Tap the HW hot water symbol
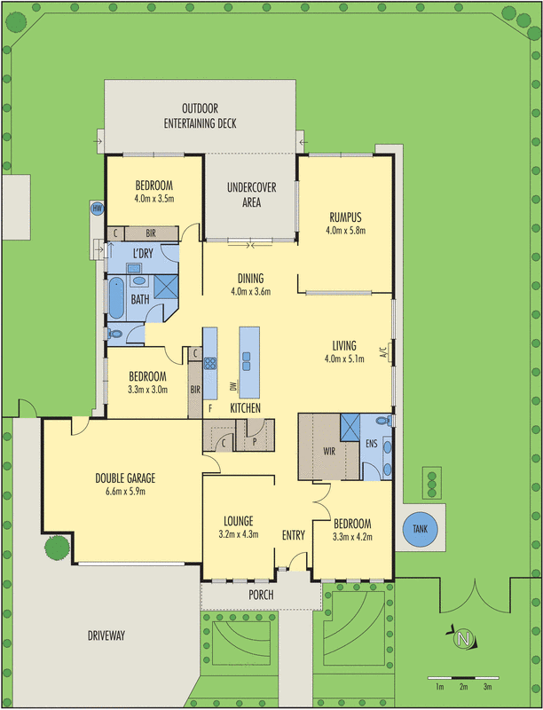[98, 209]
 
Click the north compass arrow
[461, 639]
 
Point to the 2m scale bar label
[463, 687]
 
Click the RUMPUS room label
[345, 216]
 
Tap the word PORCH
[261, 595]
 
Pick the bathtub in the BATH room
[115, 298]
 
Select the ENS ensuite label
[372, 442]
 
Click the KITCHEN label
[245, 407]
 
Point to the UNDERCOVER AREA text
[251, 195]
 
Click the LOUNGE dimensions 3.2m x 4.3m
[239, 535]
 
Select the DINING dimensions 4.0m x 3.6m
[250, 291]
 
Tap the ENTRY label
[293, 535]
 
